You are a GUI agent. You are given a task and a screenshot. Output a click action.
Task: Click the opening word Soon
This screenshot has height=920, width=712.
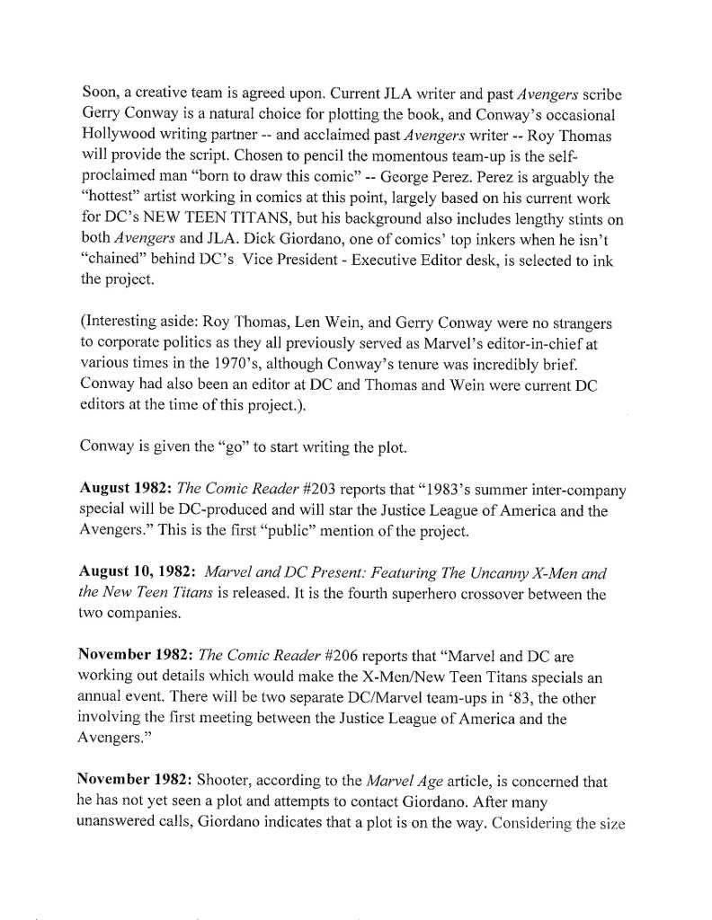(101, 93)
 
